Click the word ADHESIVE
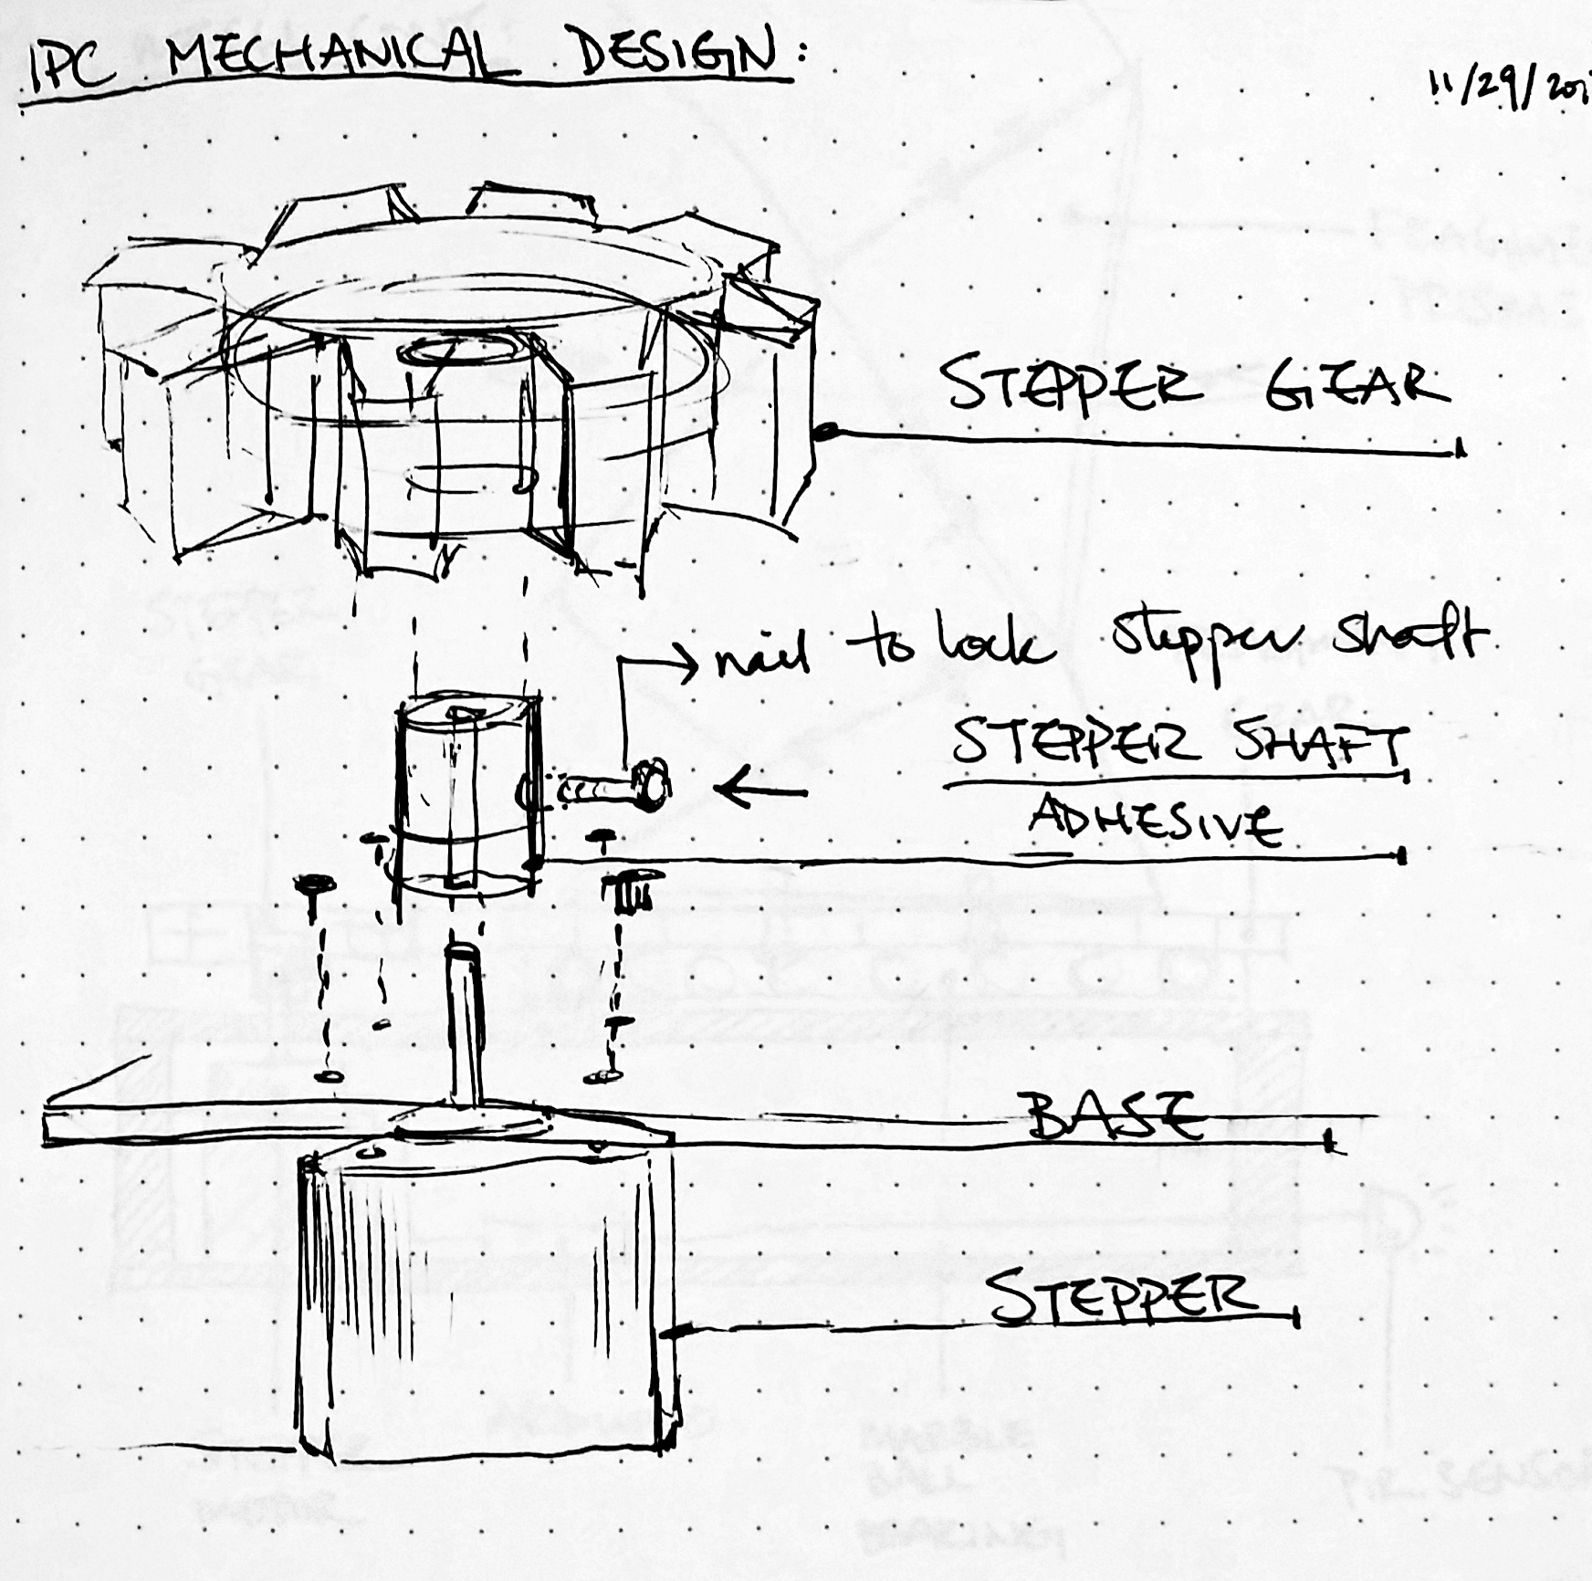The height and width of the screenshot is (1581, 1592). tap(1155, 822)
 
